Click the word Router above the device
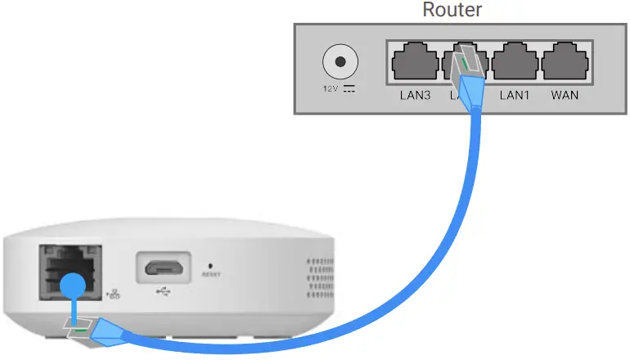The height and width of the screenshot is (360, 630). click(452, 10)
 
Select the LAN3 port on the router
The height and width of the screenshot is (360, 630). click(414, 63)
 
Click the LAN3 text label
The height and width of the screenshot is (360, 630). click(415, 95)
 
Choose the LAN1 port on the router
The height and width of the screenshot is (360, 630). click(515, 63)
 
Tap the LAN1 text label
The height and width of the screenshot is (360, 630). click(515, 95)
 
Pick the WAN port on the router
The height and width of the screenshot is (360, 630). click(565, 63)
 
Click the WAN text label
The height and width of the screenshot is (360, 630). click(565, 95)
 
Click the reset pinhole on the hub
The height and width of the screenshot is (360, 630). click(212, 265)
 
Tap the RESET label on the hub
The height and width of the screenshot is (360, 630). click(211, 275)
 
